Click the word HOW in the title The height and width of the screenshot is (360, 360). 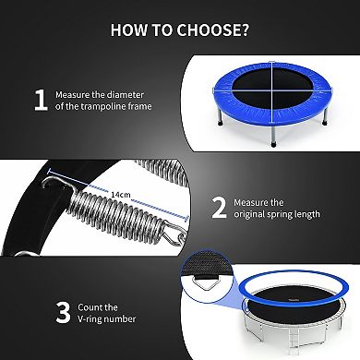130,29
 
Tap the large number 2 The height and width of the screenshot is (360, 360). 220,206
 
